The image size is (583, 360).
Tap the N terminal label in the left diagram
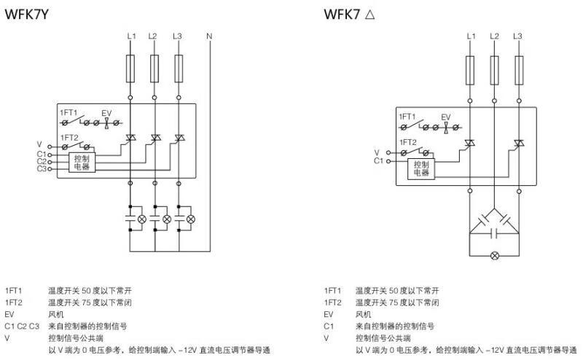[x=209, y=36]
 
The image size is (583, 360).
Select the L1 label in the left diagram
[x=130, y=36]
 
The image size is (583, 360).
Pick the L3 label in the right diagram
[x=517, y=36]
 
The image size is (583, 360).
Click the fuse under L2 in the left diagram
[x=153, y=70]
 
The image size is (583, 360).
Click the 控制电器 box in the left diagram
[x=82, y=162]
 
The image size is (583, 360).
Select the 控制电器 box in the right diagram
[x=421, y=168]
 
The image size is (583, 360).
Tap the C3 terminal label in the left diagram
[x=41, y=169]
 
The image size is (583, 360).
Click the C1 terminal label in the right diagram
[x=378, y=160]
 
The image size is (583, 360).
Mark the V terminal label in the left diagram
[x=39, y=145]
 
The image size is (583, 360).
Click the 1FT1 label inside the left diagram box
[x=70, y=112]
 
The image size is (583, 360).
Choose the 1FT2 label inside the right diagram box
[x=407, y=142]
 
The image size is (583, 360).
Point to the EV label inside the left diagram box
[x=106, y=112]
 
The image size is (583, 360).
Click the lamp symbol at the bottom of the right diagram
[x=495, y=255]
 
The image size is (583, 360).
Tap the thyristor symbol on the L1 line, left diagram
[x=131, y=138]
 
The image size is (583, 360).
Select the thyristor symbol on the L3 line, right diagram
[x=518, y=144]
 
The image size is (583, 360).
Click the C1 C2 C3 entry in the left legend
[x=19, y=326]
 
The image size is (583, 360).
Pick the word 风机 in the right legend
[x=362, y=314]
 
